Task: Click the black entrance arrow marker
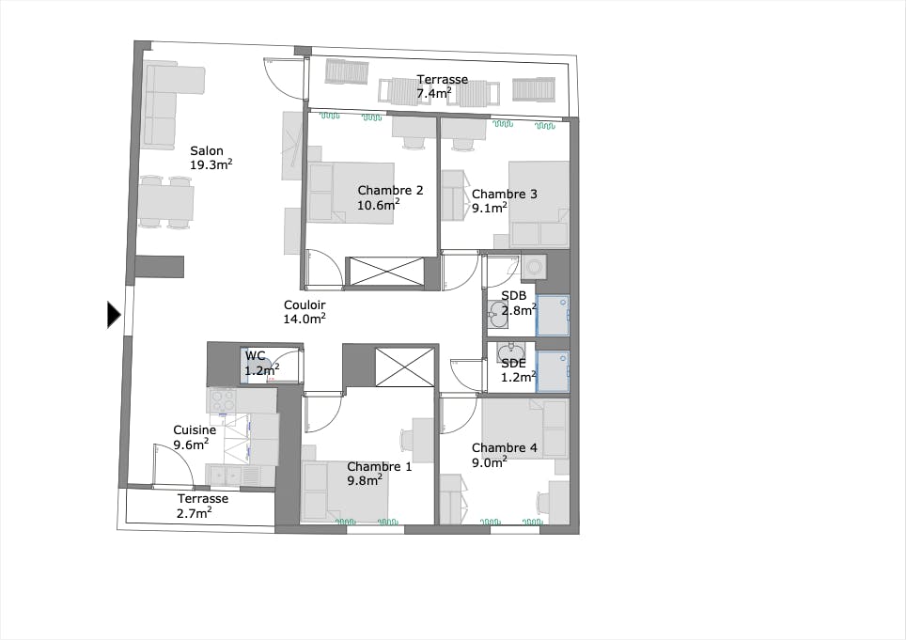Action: point(114,315)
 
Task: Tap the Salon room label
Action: point(206,151)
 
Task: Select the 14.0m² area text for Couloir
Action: point(305,319)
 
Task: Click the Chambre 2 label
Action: point(390,190)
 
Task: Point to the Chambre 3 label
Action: point(505,195)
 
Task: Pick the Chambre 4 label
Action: point(505,447)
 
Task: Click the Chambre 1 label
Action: point(380,466)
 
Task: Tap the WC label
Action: point(255,356)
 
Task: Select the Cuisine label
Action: point(195,430)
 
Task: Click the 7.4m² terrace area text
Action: point(434,94)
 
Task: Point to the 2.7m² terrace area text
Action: point(195,513)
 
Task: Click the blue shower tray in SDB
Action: point(553,316)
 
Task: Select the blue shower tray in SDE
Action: point(553,371)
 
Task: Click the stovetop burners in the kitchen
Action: point(223,400)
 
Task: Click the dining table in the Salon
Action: point(165,202)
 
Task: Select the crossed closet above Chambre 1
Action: point(404,367)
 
